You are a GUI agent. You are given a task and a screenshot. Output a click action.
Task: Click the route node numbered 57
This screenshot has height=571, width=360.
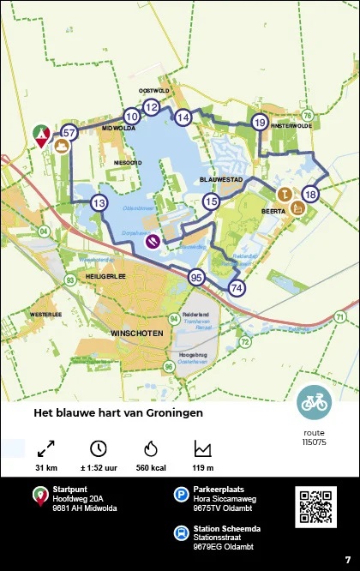click(x=69, y=132)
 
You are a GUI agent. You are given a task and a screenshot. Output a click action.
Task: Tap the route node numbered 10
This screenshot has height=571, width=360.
click(x=130, y=117)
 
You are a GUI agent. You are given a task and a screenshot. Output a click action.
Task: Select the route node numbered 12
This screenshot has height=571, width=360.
click(x=151, y=107)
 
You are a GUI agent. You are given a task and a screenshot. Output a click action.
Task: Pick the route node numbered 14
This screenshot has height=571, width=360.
click(x=183, y=117)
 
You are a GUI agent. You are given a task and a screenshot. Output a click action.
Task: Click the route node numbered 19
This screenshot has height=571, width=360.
click(x=260, y=123)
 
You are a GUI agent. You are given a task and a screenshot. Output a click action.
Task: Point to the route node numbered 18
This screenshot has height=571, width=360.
click(x=310, y=195)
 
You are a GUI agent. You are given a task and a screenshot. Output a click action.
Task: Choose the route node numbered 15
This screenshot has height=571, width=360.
click(x=211, y=201)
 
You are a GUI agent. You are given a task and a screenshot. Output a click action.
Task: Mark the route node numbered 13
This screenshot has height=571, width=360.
click(x=99, y=203)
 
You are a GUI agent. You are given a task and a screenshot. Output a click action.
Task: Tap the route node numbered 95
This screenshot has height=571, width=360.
click(x=196, y=277)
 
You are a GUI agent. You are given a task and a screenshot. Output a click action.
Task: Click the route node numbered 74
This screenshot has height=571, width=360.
click(x=237, y=288)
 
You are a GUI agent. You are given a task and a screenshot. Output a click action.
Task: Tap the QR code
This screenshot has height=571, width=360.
click(x=316, y=507)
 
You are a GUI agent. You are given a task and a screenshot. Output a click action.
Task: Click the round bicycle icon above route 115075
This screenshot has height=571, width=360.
click(x=314, y=402)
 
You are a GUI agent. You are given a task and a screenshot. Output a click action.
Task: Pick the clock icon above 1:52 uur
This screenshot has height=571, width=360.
click(x=99, y=448)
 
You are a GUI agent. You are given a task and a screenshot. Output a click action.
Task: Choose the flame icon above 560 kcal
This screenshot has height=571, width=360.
click(x=151, y=448)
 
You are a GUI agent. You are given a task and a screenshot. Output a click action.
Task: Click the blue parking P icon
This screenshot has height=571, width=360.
click(x=182, y=494)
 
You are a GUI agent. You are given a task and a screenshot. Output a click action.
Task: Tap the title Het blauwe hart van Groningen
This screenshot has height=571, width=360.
click(x=118, y=413)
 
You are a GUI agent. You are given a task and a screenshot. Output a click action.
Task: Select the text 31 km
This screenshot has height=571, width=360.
click(x=46, y=468)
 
